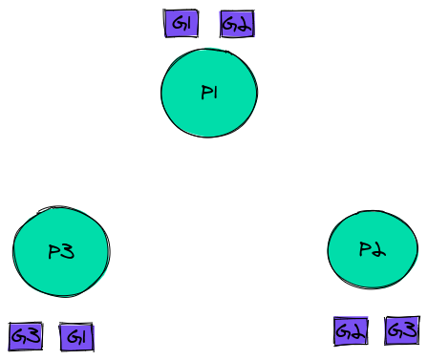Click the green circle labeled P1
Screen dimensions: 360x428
tap(208, 93)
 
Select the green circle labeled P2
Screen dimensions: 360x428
tap(372, 249)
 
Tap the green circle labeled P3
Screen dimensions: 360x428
tap(60, 252)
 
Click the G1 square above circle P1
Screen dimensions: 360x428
tap(180, 24)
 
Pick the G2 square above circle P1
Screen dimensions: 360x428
tap(237, 24)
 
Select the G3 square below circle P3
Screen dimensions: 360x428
tap(26, 336)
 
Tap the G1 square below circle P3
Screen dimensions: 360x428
tap(76, 337)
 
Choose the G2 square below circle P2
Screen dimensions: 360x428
tap(351, 331)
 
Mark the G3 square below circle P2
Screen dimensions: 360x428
tap(401, 330)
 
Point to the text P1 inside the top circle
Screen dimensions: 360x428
tap(210, 93)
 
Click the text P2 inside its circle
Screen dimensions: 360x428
tap(372, 249)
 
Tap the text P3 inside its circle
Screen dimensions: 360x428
tap(61, 252)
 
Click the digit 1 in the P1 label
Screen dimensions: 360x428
tap(217, 93)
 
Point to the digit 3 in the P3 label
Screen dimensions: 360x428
tap(68, 252)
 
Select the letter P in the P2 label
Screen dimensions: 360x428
tap(365, 249)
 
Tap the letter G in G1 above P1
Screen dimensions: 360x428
tap(176, 24)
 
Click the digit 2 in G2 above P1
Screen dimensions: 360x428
tap(244, 25)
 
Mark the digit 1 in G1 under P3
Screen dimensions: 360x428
tap(83, 337)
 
